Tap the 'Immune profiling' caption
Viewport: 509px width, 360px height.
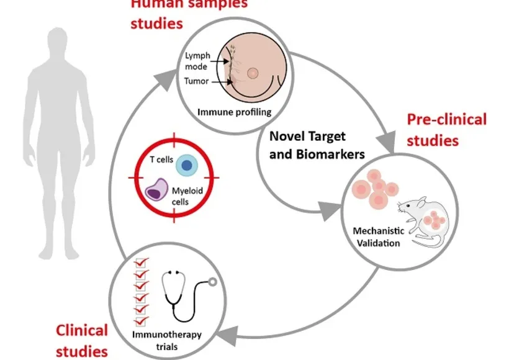click(x=234, y=112)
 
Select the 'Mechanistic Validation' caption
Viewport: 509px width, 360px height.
click(x=379, y=236)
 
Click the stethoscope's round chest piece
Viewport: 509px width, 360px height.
click(x=214, y=281)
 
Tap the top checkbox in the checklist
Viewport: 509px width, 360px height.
click(x=140, y=263)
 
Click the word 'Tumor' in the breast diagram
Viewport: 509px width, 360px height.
click(x=197, y=81)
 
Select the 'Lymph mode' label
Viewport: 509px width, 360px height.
click(x=197, y=61)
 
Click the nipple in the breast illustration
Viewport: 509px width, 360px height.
click(x=252, y=73)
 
